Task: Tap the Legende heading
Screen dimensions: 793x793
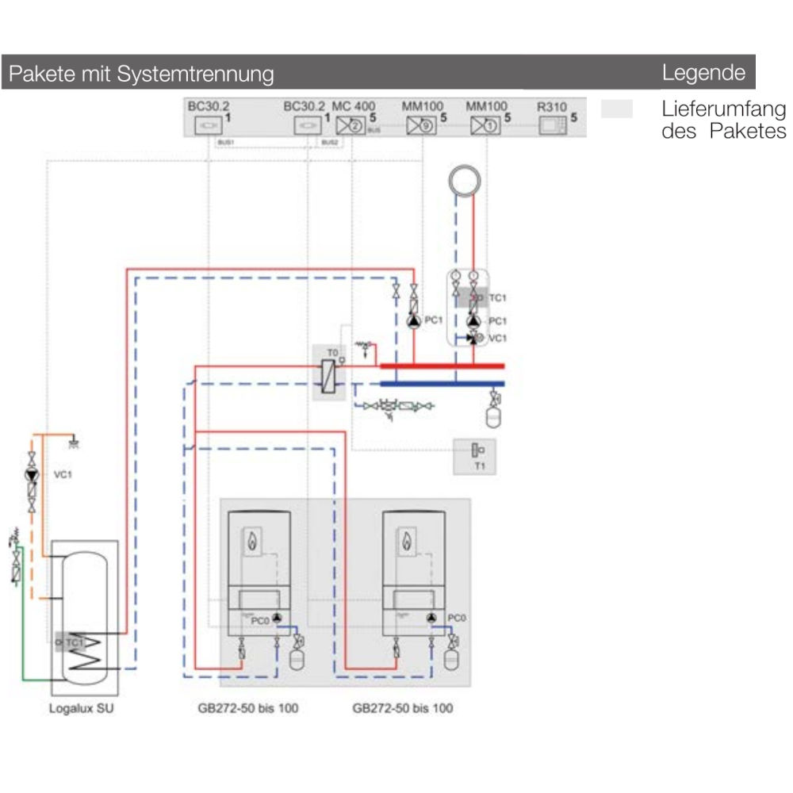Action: [x=703, y=73]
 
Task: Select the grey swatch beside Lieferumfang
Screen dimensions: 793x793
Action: [x=616, y=109]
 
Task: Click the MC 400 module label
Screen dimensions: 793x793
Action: [x=354, y=105]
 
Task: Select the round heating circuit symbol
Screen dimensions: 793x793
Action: [x=465, y=180]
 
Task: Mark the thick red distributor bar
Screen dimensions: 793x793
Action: [x=442, y=366]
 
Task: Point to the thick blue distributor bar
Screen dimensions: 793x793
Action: [x=442, y=384]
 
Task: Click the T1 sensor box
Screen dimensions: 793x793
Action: [x=474, y=455]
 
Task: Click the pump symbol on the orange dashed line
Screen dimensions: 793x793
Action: [x=32, y=475]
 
